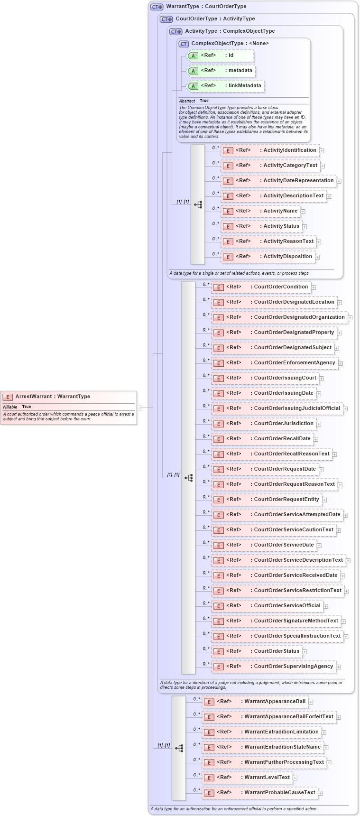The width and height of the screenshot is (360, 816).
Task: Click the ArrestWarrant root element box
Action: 69,407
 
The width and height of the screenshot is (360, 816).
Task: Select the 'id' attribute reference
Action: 221,56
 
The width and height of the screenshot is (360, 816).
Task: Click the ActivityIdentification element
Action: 270,150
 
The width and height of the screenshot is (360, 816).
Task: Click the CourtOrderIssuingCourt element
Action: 265,378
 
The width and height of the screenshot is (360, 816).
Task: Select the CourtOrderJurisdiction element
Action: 264,424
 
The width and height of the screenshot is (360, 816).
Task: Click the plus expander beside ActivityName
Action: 303,212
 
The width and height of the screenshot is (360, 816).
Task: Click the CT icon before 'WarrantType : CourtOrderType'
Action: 157,7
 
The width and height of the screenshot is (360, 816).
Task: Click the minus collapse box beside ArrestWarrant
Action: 139,408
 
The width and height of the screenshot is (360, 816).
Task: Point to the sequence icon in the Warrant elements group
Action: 179,748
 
